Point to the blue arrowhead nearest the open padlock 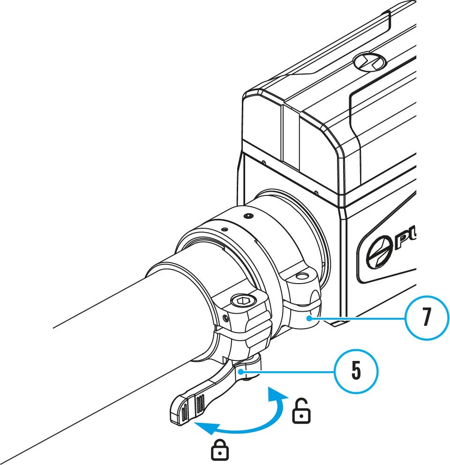277,395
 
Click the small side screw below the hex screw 226,318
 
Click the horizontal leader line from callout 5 288,372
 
